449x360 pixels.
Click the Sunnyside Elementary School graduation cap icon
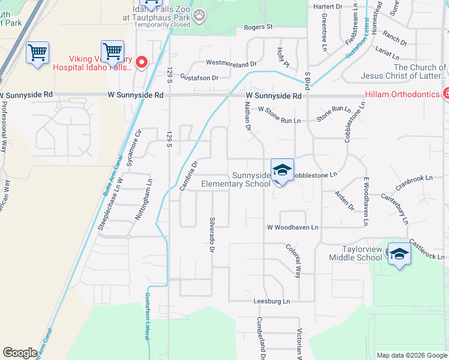[282, 170]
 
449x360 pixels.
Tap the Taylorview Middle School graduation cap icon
[399, 254]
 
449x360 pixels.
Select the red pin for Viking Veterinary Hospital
[142, 62]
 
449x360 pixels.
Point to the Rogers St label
[259, 27]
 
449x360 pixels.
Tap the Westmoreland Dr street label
[231, 62]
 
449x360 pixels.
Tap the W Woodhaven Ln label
[293, 227]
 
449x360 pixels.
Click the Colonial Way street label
[293, 260]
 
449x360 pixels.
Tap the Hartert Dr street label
[328, 6]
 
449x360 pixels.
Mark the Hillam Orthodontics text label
[402, 94]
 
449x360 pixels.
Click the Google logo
[20, 353]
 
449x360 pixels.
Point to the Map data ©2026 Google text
[411, 355]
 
